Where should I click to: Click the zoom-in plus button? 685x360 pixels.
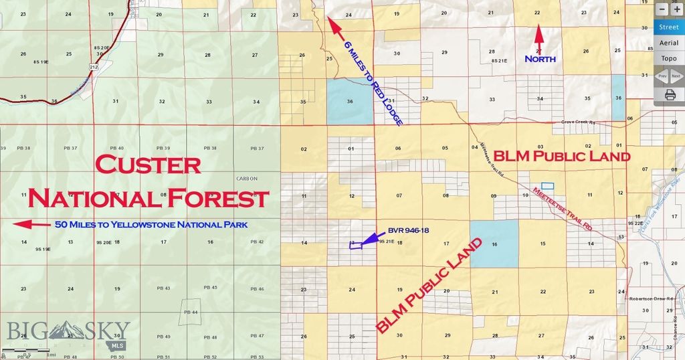tap(677, 10)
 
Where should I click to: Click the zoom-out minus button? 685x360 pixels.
tap(662, 10)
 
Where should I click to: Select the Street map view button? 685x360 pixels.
tap(668, 27)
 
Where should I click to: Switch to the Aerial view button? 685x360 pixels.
tap(668, 43)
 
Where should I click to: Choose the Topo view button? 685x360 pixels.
tap(668, 58)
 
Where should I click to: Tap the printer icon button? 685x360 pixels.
tap(669, 94)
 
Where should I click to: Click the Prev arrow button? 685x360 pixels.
tap(662, 76)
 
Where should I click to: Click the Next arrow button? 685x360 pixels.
tap(676, 76)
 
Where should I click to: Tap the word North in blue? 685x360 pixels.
tap(540, 59)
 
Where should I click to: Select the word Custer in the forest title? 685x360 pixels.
tap(148, 165)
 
